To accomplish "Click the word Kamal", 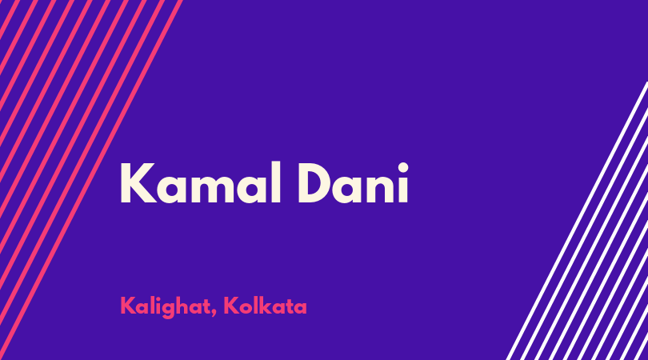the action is pyautogui.click(x=201, y=182).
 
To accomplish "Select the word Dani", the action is pyautogui.click(x=353, y=182).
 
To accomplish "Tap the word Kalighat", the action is pyautogui.click(x=165, y=306).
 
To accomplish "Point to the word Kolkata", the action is pyautogui.click(x=265, y=306).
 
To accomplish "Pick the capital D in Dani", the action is pyautogui.click(x=315, y=183).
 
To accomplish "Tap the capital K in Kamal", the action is pyautogui.click(x=138, y=183).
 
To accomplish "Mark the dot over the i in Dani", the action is pyautogui.click(x=403, y=168).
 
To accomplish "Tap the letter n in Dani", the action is pyautogui.click(x=380, y=189).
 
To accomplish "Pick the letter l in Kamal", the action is pyautogui.click(x=277, y=182).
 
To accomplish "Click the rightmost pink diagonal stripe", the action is pyautogui.click(x=90, y=180).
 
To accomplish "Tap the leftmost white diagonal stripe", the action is pyautogui.click(x=578, y=221).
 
